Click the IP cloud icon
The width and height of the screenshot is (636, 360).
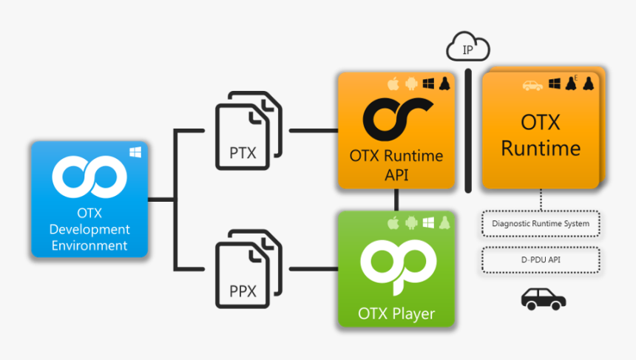[x=467, y=49]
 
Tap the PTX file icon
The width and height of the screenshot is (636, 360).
[x=248, y=129]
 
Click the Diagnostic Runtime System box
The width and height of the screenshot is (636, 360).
[x=541, y=223]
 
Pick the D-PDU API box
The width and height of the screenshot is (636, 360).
[x=541, y=259]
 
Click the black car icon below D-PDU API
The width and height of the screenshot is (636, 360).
[x=544, y=298]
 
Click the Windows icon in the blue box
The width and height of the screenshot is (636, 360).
[x=135, y=152]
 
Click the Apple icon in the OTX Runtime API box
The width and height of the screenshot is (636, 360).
[x=393, y=84]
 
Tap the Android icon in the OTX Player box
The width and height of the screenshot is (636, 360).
[x=410, y=223]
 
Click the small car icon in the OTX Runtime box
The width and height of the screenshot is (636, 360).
[x=532, y=85]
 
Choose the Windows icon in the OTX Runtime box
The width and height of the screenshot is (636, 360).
[x=554, y=84]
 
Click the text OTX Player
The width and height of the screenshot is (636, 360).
[x=396, y=314]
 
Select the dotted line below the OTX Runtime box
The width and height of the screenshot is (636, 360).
[x=541, y=200]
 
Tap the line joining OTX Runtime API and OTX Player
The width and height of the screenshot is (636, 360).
[x=397, y=199]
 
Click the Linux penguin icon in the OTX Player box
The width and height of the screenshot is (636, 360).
[x=445, y=223]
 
